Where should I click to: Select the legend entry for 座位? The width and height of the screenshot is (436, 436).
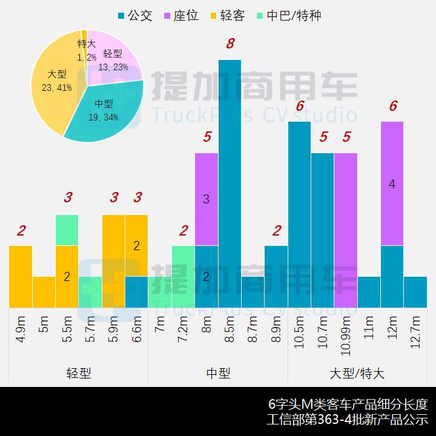180,16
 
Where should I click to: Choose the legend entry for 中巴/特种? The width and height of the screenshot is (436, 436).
288,16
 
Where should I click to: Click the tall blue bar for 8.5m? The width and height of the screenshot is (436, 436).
230,182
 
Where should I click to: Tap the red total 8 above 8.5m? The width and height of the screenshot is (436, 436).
230,44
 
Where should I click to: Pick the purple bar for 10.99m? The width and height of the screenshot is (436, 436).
346,230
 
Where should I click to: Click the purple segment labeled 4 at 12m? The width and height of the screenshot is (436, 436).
392,183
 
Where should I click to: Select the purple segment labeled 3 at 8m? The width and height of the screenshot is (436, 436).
206,199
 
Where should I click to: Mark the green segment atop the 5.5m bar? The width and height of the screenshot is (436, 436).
67,230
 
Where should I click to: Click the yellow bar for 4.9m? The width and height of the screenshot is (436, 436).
21,276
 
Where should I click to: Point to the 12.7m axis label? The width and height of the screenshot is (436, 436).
416,330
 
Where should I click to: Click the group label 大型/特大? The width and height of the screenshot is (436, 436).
357,373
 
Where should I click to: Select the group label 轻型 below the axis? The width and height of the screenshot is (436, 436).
79,373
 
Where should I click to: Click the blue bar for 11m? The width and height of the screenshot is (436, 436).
369,292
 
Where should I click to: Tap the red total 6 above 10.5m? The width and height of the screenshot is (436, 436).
300,107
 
